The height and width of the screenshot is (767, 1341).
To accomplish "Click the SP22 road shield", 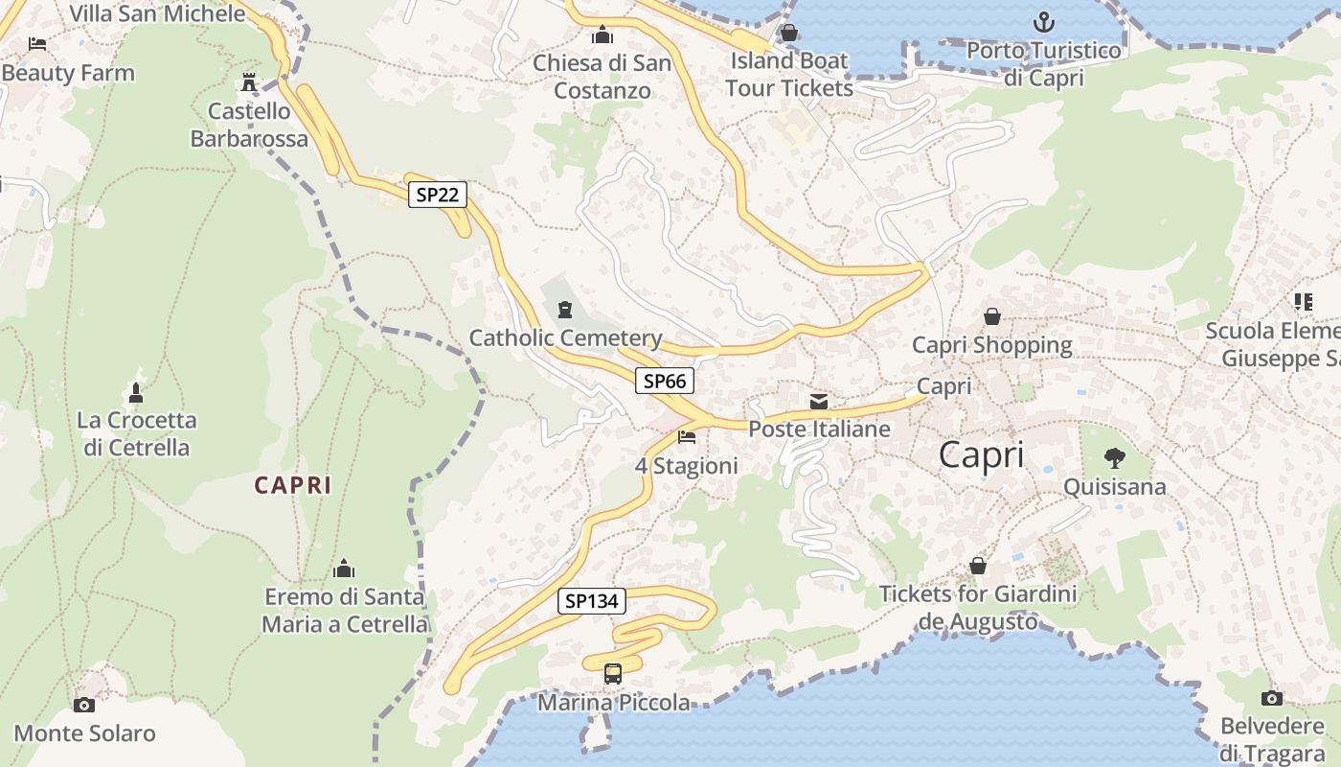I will pos(438,196).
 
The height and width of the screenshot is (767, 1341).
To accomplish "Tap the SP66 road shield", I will pos(665,381).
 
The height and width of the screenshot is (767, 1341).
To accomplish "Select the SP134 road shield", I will pos(592,601).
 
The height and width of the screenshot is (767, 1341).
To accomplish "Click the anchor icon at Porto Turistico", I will pos(1043,21).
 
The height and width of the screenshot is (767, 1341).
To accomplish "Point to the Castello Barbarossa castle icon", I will pos(249,82).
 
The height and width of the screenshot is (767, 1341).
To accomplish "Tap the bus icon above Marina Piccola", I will pos(613,674).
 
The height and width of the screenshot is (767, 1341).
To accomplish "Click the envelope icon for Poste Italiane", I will pos(819,401).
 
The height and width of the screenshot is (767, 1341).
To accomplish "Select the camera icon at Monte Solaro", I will pos(84,705).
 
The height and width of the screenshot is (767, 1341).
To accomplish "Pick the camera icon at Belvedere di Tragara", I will pos(1271,698).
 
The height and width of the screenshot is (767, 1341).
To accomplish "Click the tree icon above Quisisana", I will pos(1114,458).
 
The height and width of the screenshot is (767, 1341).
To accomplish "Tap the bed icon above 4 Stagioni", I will pos(687,437).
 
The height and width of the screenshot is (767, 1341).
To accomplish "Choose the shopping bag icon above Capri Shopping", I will pos(992,316).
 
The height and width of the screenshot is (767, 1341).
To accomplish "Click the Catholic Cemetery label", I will pos(565,337).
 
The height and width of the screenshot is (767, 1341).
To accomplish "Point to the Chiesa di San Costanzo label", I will pos(602,77).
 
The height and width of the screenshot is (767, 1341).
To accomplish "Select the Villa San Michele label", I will pos(158,13).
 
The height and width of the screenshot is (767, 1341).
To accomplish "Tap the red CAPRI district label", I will pos(293,485).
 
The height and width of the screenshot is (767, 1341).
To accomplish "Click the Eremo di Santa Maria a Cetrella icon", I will pos(344,569).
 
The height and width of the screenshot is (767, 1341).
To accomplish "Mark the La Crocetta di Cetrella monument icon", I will pos(136,392).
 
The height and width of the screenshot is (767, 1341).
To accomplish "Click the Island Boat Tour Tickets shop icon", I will pos(789,34).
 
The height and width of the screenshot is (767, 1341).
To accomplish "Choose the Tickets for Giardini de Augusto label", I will pos(978,608).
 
